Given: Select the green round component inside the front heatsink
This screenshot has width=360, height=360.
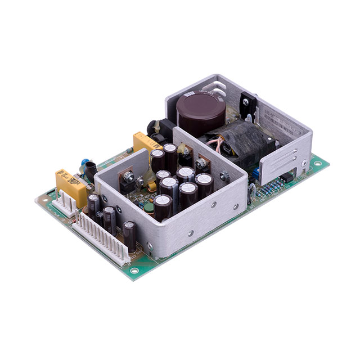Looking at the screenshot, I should (x=149, y=208).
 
